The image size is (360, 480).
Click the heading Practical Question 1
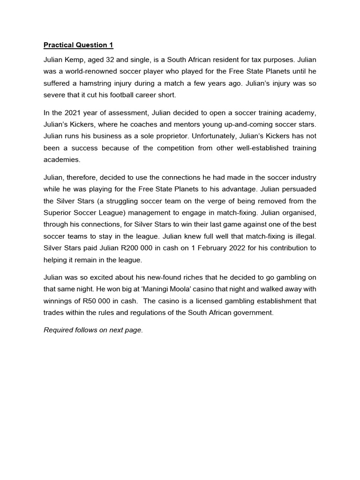click(78, 45)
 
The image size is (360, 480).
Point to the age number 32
click(112, 60)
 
